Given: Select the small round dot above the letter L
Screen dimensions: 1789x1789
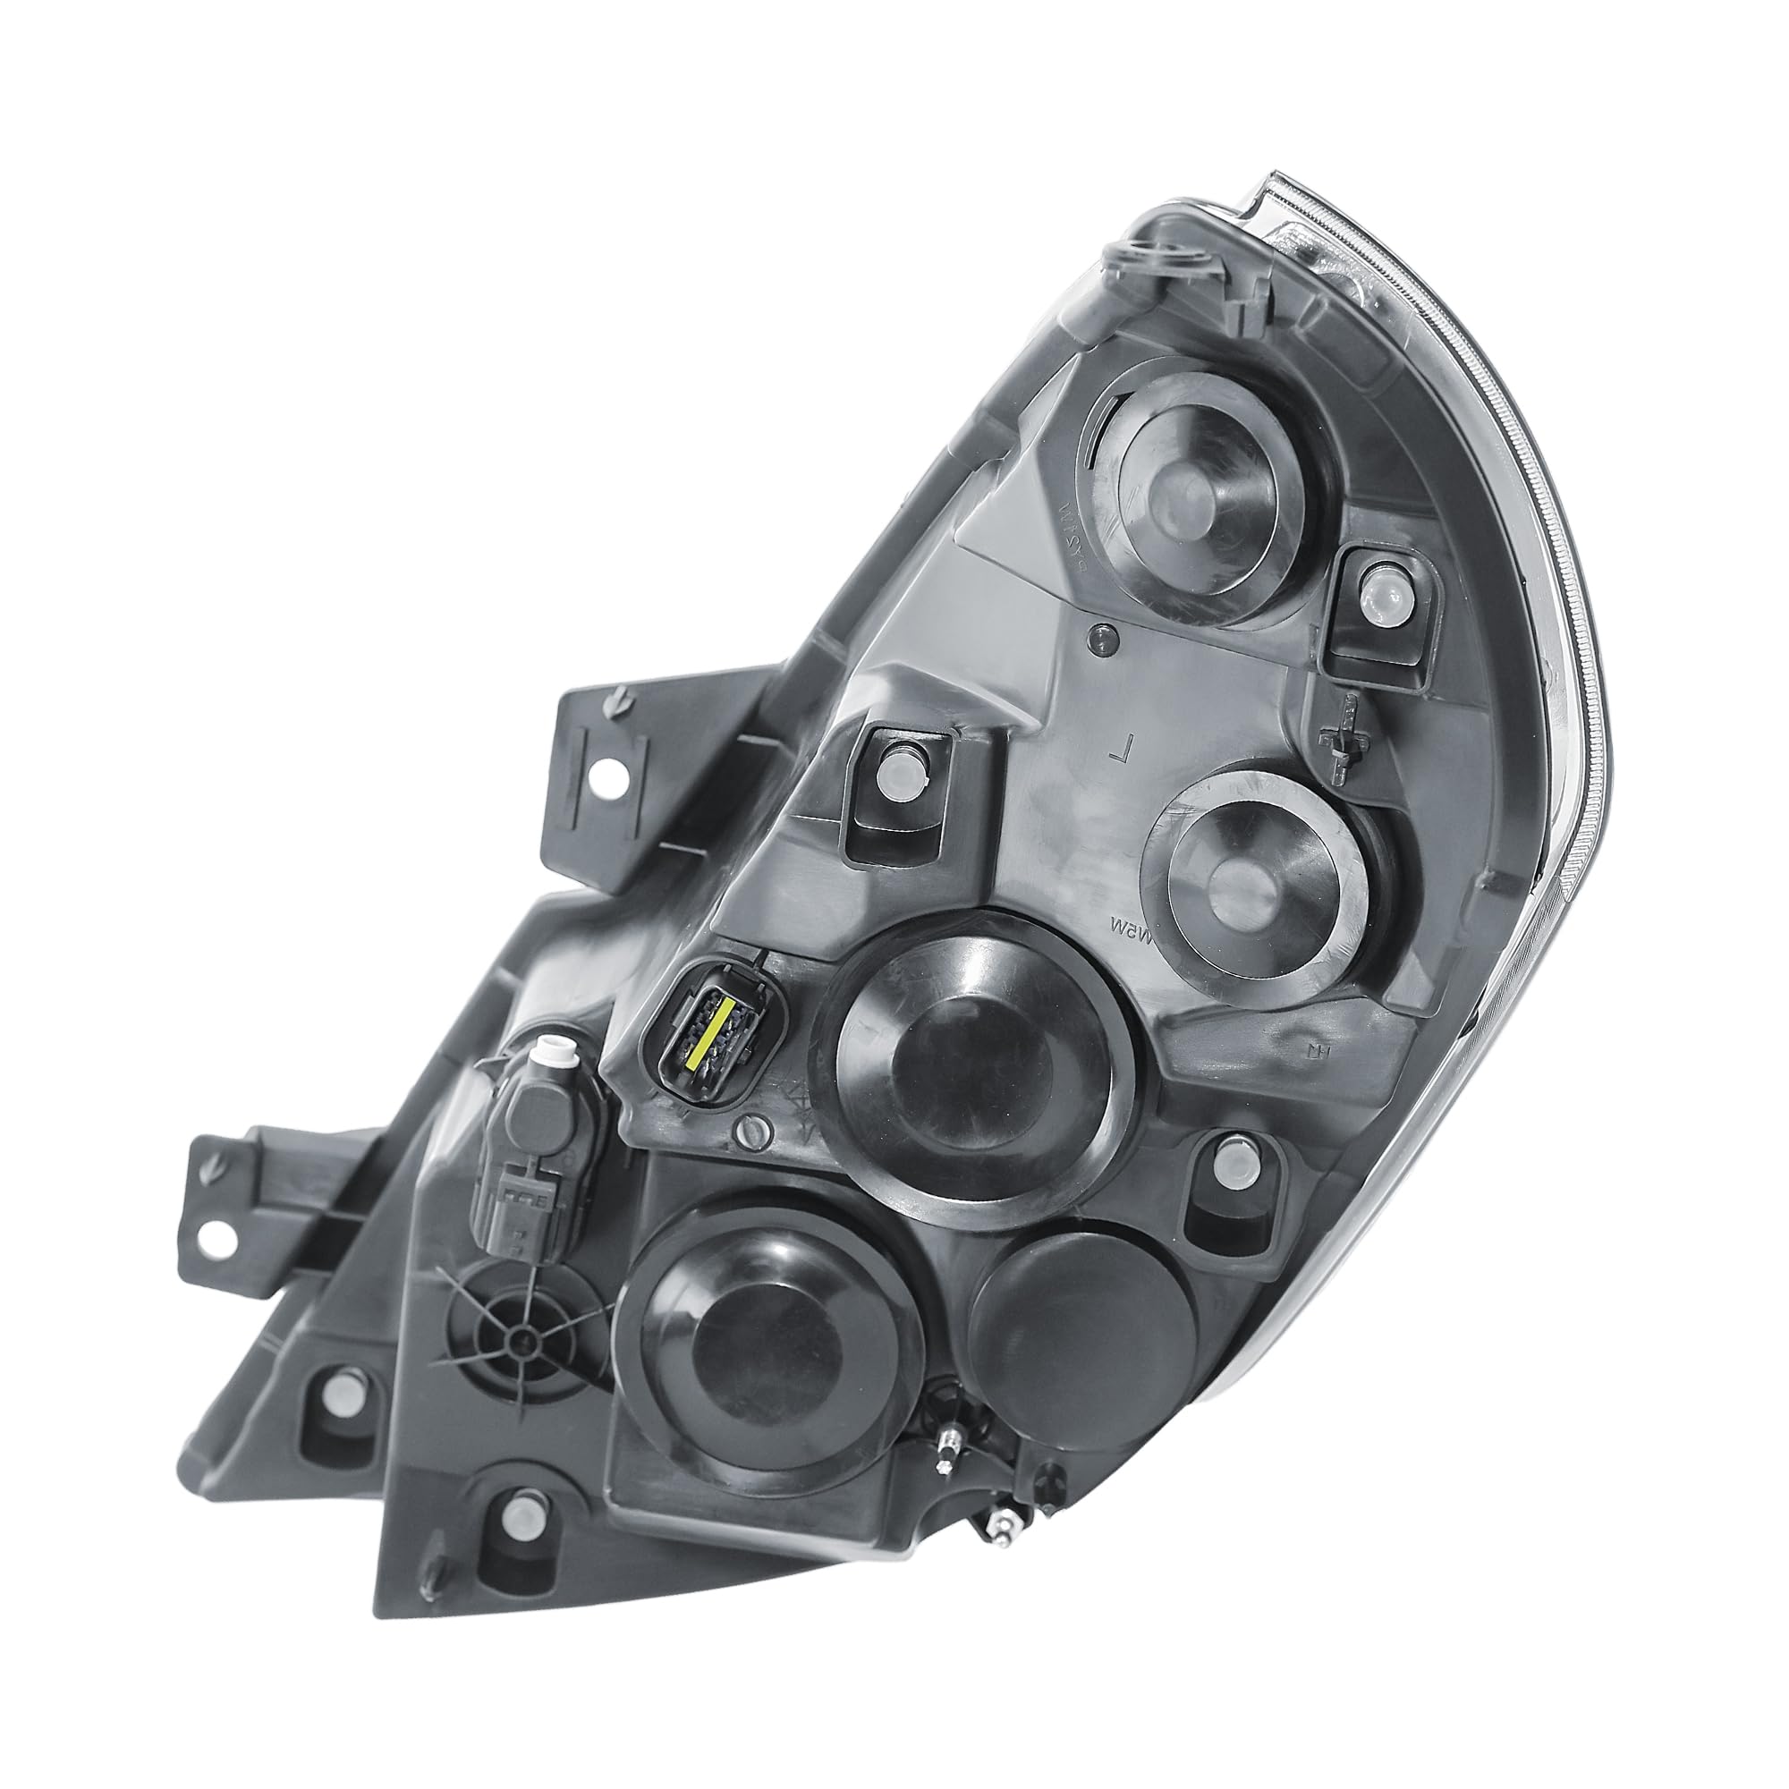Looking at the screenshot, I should point(1101,637).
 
